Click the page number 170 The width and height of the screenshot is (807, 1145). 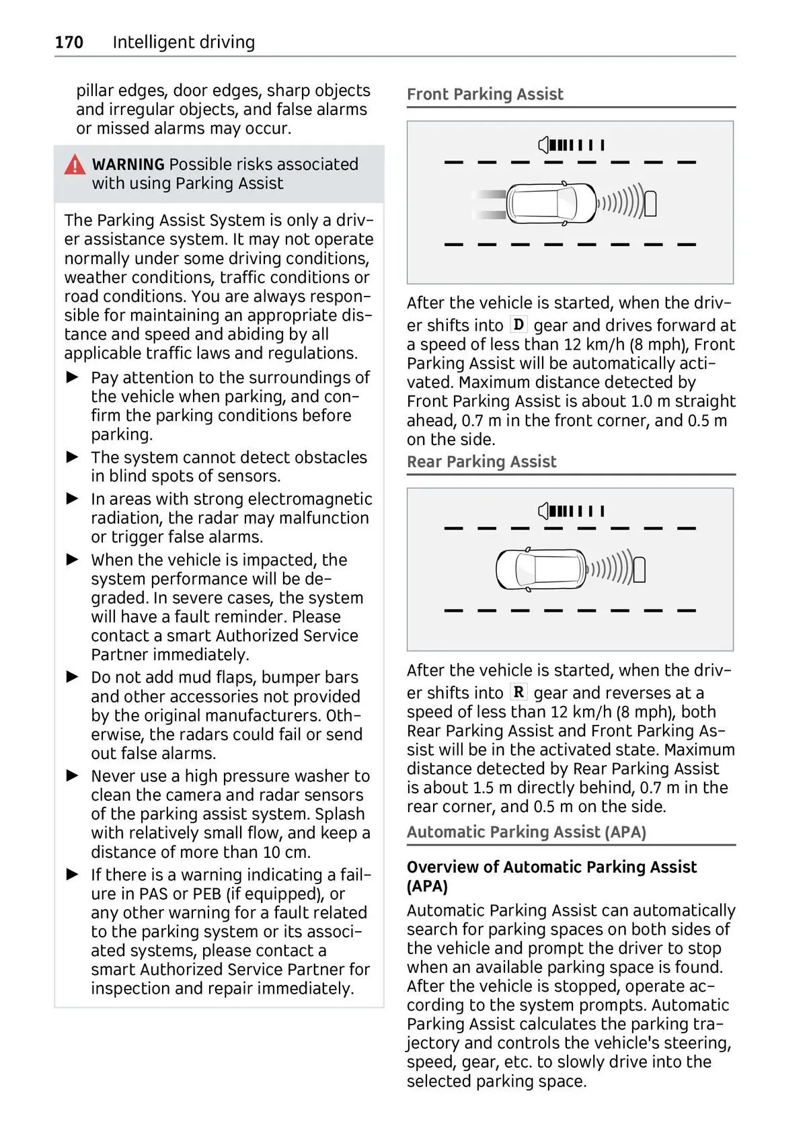point(69,42)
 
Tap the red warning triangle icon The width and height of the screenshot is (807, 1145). point(75,165)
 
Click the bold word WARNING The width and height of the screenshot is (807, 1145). point(128,165)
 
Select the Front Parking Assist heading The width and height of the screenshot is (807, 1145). point(485,95)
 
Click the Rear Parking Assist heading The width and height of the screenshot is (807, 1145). point(482,462)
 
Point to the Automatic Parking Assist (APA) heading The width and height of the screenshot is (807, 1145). point(526,832)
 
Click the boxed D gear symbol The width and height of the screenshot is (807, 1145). point(518,325)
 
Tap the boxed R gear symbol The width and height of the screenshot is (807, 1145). point(518,693)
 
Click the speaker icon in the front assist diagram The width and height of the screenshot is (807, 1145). point(544,145)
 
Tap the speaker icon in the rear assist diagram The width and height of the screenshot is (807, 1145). point(544,512)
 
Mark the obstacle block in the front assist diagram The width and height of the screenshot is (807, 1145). point(651,204)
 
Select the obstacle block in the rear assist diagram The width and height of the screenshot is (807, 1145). point(640,570)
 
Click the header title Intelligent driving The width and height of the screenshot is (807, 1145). point(184,42)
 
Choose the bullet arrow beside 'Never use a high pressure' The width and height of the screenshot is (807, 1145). point(73,776)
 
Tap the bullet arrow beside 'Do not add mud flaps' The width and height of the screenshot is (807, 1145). point(73,677)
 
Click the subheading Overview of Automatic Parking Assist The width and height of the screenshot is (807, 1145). point(551,867)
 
